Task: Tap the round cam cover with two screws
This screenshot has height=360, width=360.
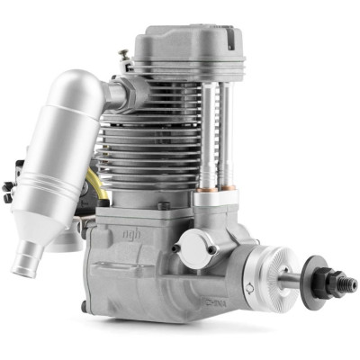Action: (193, 246)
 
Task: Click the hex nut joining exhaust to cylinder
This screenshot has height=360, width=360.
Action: (125, 87)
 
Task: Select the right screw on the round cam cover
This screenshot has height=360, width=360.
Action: (211, 249)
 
